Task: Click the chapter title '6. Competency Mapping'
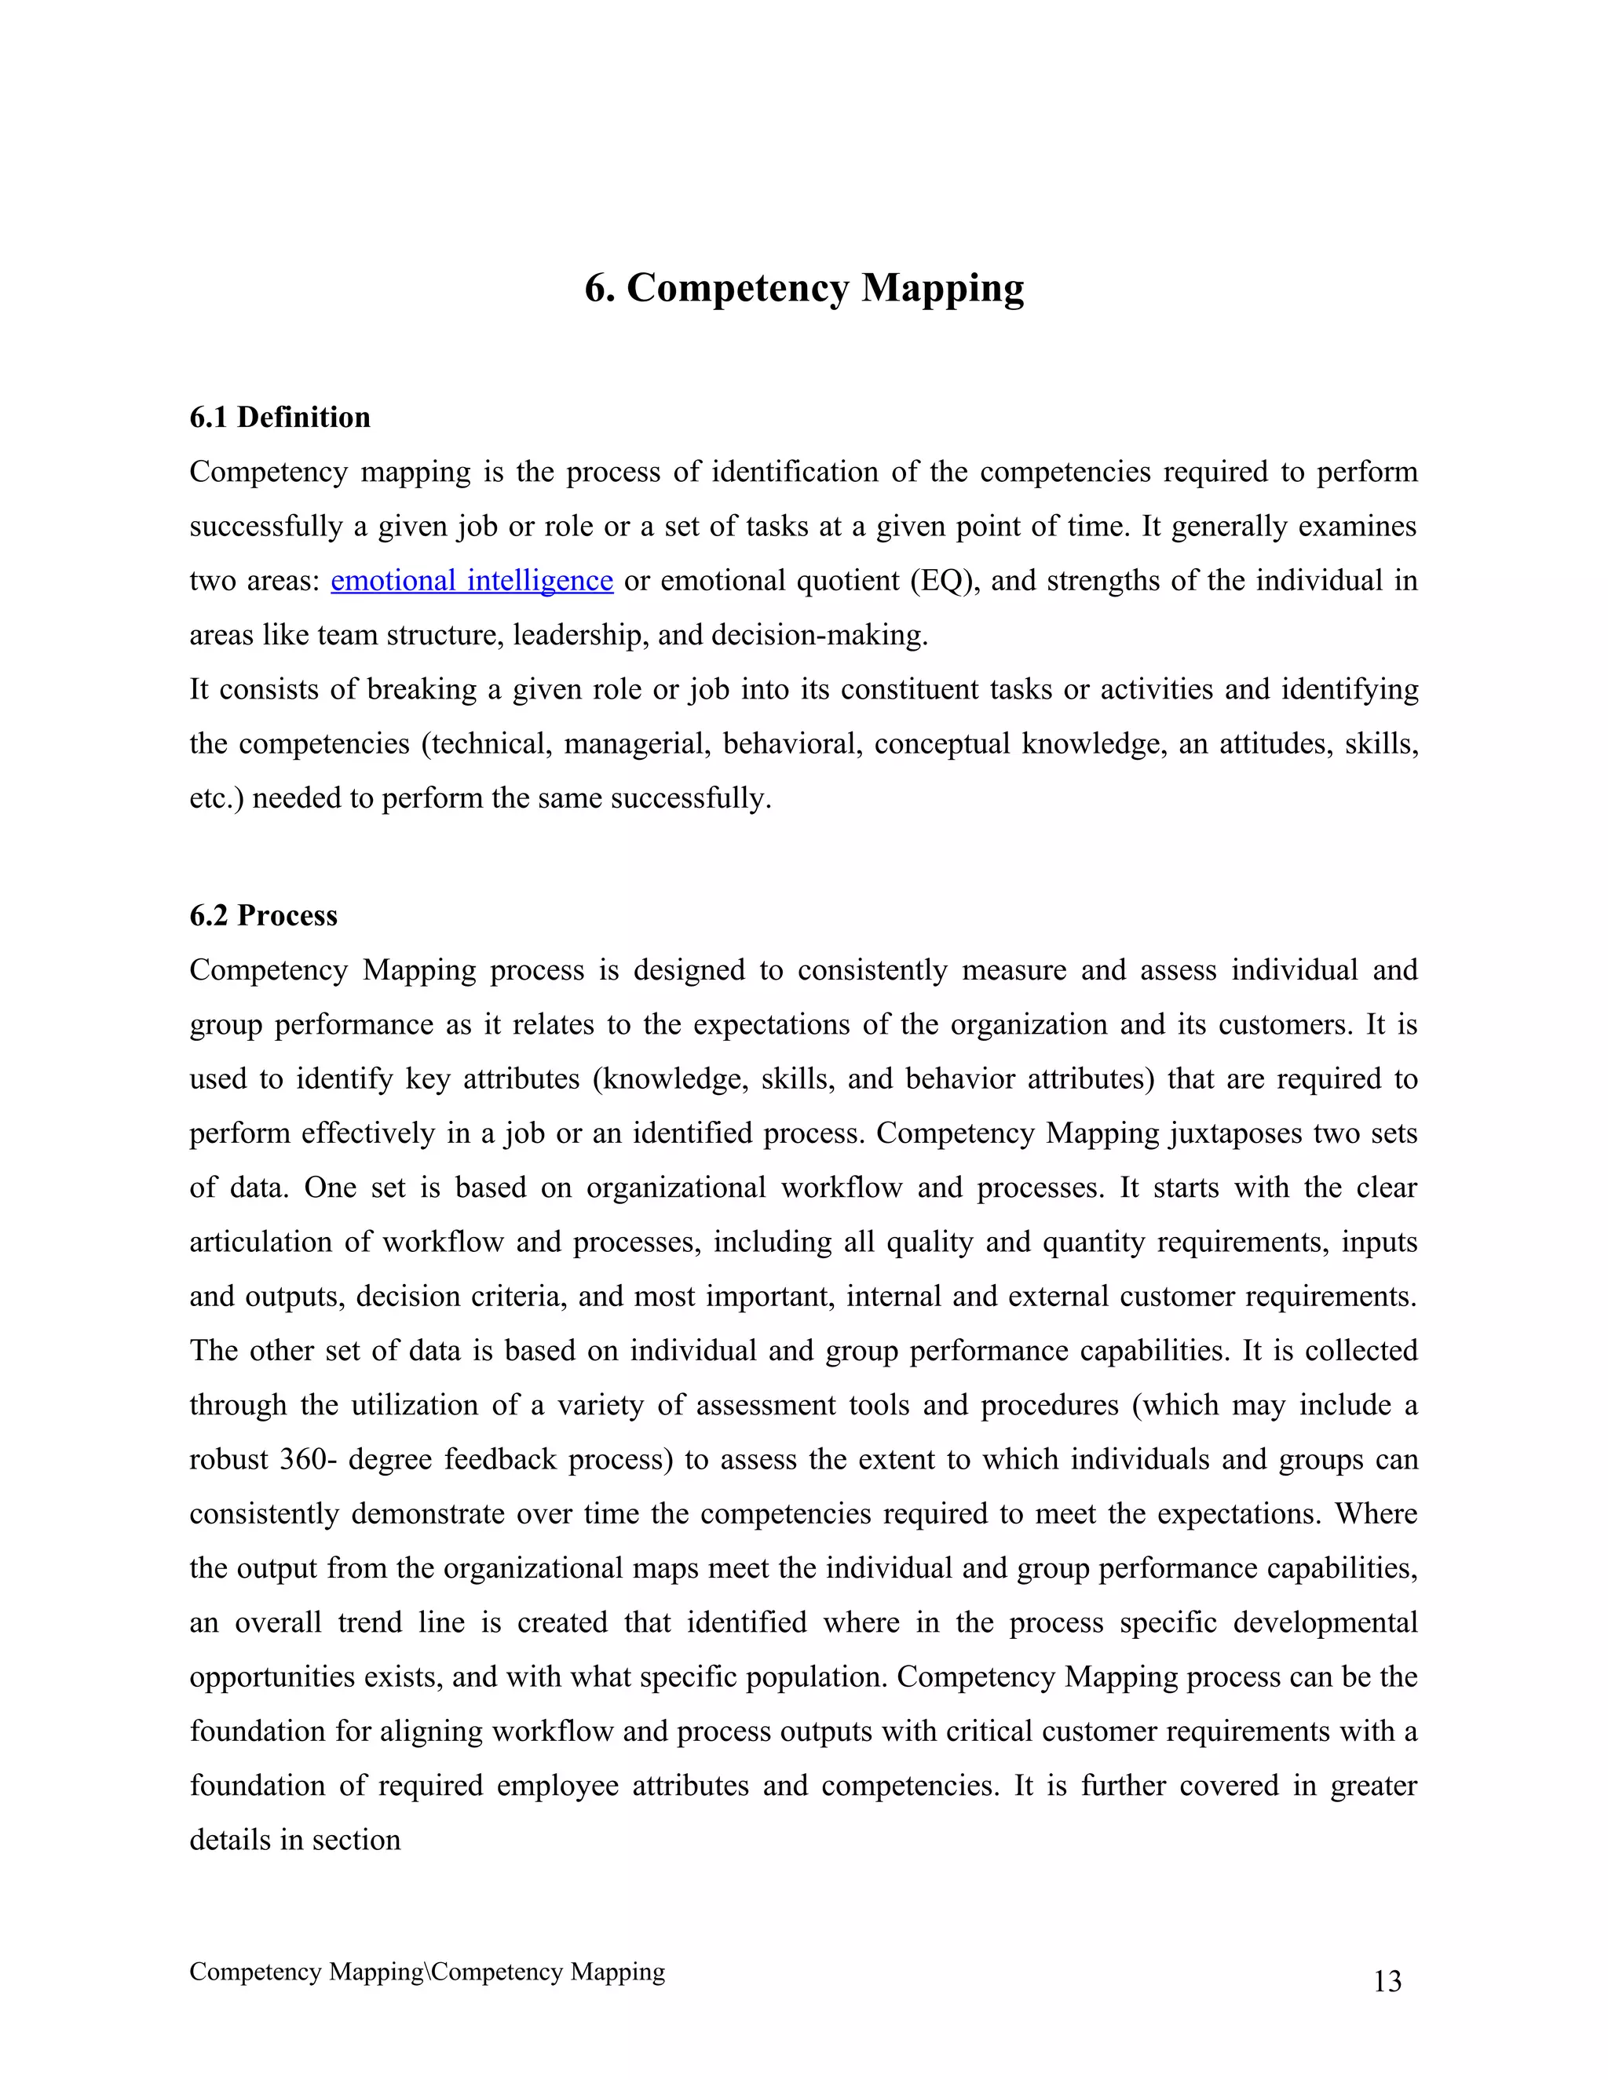point(804,287)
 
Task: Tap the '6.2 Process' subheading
point(263,915)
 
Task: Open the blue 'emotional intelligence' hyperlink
point(472,580)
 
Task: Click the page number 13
point(1387,1981)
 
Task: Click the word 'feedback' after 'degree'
point(500,1459)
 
